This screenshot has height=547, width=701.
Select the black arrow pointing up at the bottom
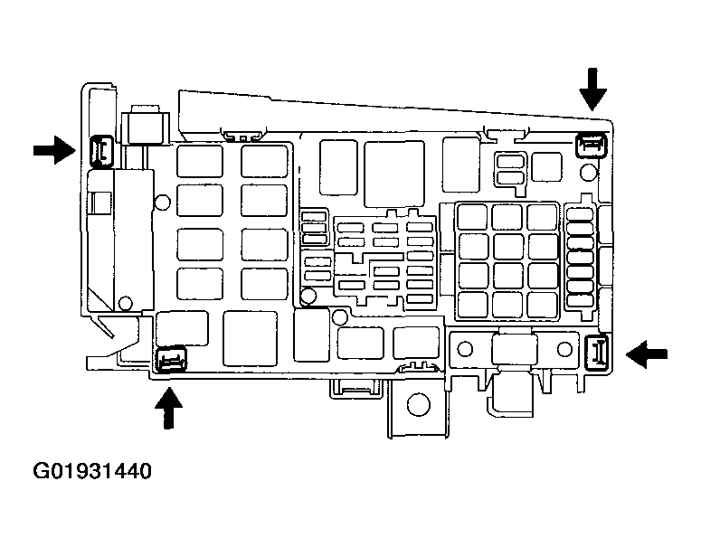point(167,404)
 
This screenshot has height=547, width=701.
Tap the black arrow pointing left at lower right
point(649,354)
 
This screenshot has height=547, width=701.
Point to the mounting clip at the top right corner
point(591,143)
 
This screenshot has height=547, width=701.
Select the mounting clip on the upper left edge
point(100,151)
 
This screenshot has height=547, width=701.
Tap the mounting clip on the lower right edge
point(595,351)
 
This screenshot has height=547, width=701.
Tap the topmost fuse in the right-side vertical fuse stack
point(579,214)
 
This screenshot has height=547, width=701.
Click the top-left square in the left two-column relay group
point(199,161)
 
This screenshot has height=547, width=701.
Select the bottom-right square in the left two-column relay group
point(263,284)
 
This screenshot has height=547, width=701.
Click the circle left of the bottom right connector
point(468,347)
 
